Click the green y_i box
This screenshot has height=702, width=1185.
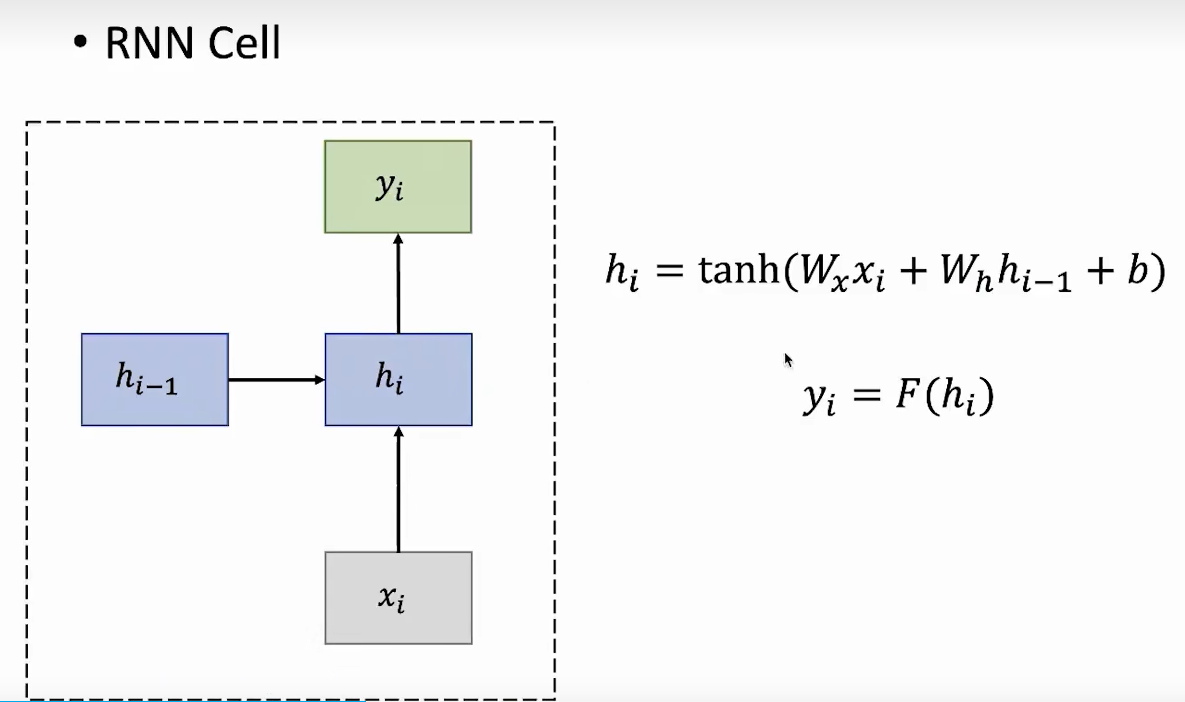click(x=397, y=187)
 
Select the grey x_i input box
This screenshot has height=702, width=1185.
click(x=398, y=597)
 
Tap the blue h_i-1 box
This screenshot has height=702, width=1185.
click(x=155, y=379)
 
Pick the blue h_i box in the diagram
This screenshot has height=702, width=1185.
click(x=398, y=379)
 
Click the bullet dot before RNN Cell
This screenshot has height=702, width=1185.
click(x=80, y=41)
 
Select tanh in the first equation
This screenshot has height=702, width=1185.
click(x=738, y=270)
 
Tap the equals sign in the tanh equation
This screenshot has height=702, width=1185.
click(x=670, y=271)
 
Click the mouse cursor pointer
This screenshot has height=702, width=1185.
click(x=787, y=360)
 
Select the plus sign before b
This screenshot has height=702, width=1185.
click(x=1101, y=271)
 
